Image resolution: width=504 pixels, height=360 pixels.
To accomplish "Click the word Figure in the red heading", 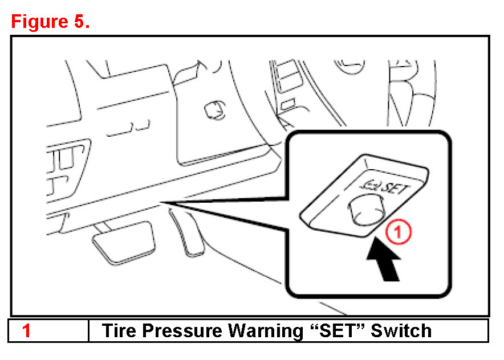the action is (39, 22).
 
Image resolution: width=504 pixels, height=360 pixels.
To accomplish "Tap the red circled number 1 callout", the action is (399, 231).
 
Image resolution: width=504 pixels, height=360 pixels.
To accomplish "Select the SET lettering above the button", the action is (395, 187).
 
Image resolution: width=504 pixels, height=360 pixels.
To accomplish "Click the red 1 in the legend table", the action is (26, 330).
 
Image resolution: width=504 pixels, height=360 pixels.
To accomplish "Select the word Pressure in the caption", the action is (182, 330).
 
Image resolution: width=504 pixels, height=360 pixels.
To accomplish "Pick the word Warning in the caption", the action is (266, 331).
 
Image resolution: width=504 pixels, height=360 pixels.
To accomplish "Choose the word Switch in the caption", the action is (401, 330).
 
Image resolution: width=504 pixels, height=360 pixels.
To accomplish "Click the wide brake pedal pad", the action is (124, 243).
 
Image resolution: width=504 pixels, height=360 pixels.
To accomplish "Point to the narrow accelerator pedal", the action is (187, 232).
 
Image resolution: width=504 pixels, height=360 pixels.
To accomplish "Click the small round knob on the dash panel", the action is (215, 110).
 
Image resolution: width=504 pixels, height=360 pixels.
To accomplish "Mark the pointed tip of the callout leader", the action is (161, 202).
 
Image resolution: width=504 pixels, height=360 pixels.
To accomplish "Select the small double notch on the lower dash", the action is (129, 129).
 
